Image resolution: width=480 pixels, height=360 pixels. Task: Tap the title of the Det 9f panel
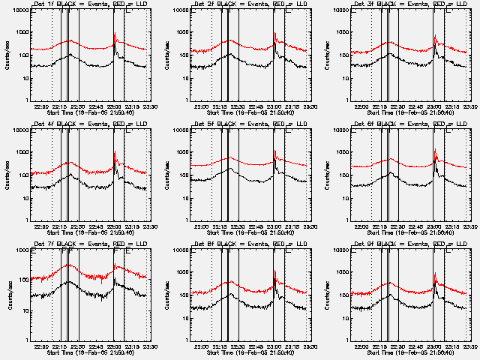tap(412, 242)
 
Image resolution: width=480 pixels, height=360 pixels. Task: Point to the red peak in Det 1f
tap(114, 34)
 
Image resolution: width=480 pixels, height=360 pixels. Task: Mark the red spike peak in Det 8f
tap(274, 271)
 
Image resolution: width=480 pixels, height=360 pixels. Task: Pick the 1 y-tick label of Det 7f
tap(27, 338)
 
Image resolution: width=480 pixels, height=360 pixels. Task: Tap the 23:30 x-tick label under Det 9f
tap(470, 345)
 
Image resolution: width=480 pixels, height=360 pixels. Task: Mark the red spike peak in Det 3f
tap(435, 34)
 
